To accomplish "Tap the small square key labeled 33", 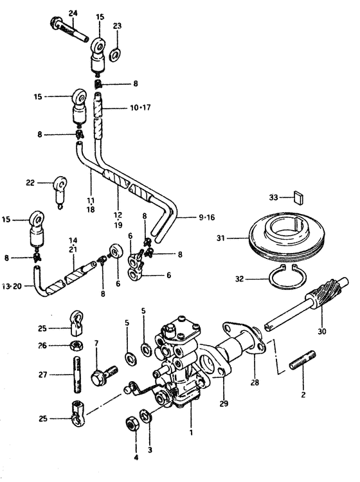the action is click(x=298, y=197).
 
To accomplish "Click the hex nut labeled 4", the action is click(x=132, y=425).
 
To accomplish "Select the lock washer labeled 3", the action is click(x=145, y=416).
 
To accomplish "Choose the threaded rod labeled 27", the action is click(x=78, y=374).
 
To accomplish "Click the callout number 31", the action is click(x=221, y=238).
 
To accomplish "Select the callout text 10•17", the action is click(x=140, y=108).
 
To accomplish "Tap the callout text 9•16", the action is click(x=206, y=218).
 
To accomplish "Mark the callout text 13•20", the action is click(x=12, y=286).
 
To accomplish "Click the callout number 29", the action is click(x=224, y=403).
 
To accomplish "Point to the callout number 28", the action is click(x=255, y=382).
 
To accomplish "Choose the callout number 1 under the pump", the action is click(x=191, y=433).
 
